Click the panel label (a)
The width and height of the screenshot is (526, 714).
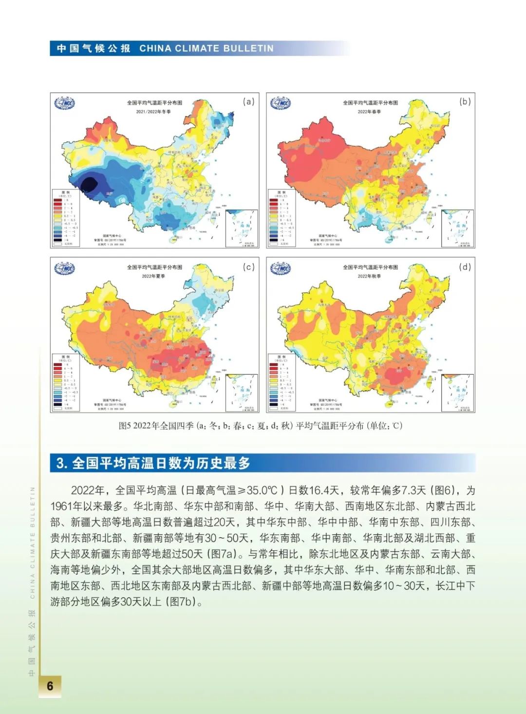[249, 102]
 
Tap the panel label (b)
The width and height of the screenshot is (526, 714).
[465, 101]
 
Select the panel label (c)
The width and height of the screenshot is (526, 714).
[249, 267]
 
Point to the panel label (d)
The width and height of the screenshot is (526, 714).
[465, 267]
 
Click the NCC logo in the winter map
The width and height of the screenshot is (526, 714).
[65, 103]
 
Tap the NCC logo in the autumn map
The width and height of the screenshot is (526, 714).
[281, 268]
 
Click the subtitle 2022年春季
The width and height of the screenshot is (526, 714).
[370, 112]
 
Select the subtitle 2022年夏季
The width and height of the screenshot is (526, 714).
[153, 276]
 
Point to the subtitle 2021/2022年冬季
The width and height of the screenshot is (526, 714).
[153, 112]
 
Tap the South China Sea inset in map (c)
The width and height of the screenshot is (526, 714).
[242, 393]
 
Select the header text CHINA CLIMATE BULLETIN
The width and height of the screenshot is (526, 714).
[207, 48]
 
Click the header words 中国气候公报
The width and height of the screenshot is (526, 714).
[94, 48]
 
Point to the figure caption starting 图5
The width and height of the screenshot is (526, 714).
[261, 425]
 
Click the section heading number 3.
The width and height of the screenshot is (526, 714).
[61, 463]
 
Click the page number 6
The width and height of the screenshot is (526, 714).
[50, 685]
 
